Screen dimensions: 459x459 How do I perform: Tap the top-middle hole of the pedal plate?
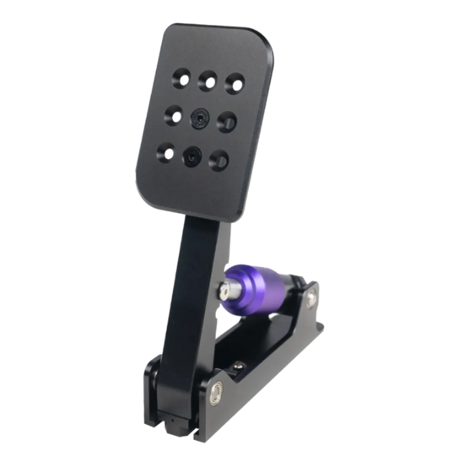click(209, 81)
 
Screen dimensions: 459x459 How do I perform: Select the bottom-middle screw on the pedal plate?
click(191, 155)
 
